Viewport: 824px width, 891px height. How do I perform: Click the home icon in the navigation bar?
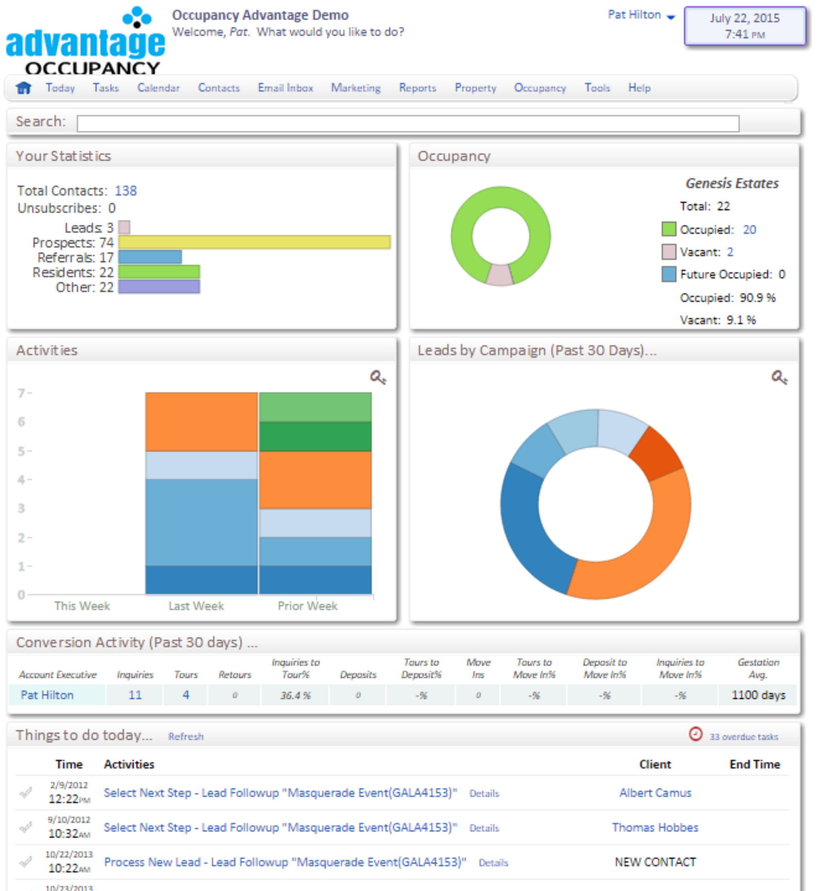(24, 88)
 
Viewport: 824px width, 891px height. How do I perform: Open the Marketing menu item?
(355, 88)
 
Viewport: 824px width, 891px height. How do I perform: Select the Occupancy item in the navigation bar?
(539, 88)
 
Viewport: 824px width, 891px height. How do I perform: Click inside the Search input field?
(407, 124)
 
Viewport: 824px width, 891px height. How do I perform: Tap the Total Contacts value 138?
(126, 191)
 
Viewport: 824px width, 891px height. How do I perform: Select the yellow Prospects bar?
(254, 242)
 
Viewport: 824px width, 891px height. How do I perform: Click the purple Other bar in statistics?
(159, 287)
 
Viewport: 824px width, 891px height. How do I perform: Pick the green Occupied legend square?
(668, 230)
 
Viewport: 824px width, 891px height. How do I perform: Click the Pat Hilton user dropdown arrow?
(670, 17)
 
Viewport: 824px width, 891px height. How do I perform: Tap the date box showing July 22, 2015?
(744, 26)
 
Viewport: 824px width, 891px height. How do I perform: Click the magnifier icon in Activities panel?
(377, 377)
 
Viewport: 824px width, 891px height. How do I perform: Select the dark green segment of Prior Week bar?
(315, 436)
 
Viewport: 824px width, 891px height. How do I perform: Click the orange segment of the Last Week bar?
(201, 422)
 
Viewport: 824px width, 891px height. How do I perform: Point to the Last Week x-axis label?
(196, 606)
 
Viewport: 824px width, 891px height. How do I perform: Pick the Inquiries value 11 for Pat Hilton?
(135, 695)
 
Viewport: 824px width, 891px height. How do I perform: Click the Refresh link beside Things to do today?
(185, 737)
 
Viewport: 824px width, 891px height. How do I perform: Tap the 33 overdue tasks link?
(743, 737)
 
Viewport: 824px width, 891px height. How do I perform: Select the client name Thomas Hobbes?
(655, 827)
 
